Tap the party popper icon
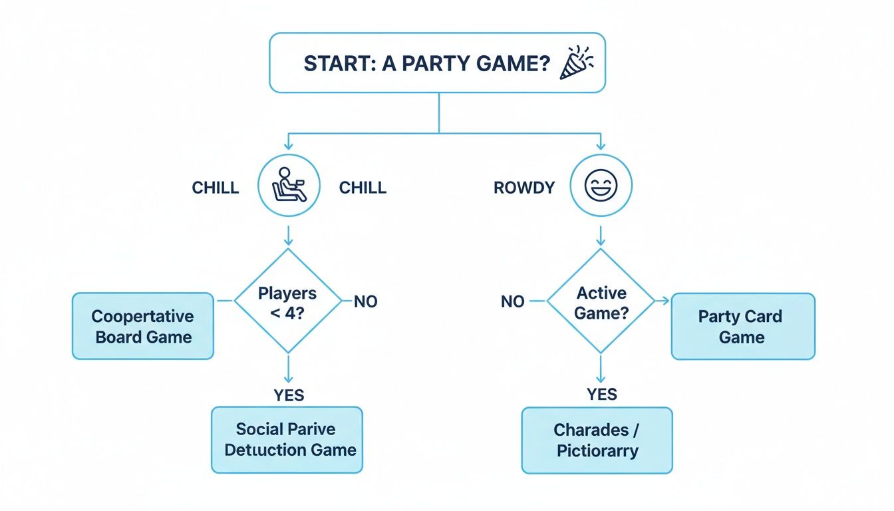tap(576, 63)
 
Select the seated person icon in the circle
tap(289, 186)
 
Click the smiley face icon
tap(601, 186)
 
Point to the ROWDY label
tap(524, 188)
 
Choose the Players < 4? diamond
tap(287, 301)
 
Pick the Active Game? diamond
tap(601, 301)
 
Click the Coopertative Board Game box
tap(143, 326)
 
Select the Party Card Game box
tap(742, 326)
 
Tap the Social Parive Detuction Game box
tap(287, 440)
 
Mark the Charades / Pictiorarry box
tap(597, 440)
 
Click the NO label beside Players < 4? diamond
tap(365, 302)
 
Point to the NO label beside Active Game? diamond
tap(513, 302)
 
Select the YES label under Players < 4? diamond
tap(289, 395)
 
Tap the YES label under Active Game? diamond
tap(602, 395)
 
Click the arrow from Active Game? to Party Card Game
tap(663, 301)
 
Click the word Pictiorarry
tap(597, 450)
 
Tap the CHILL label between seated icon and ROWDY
tap(363, 188)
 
